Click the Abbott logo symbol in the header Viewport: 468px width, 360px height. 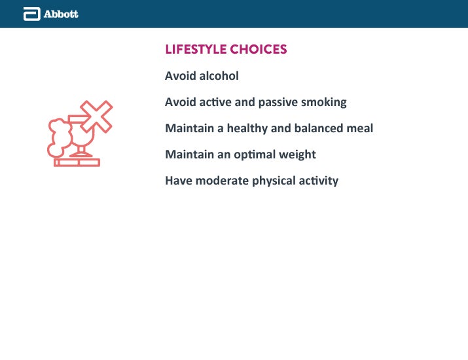click(x=32, y=14)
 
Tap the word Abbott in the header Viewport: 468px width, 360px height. click(x=61, y=14)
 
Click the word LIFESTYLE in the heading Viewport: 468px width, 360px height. click(x=196, y=49)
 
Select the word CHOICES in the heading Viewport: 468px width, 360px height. click(x=259, y=49)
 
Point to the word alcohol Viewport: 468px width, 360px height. click(x=219, y=76)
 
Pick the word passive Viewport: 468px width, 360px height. click(x=278, y=102)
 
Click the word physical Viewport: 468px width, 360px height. click(x=274, y=181)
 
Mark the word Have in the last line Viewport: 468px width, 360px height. click(x=179, y=181)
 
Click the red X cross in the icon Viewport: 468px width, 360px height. click(x=96, y=117)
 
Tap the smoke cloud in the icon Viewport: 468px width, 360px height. click(x=60, y=137)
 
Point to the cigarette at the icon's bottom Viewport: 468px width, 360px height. click(x=77, y=163)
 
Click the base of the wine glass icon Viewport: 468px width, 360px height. click(x=81, y=154)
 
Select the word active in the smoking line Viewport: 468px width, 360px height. click(x=215, y=102)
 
